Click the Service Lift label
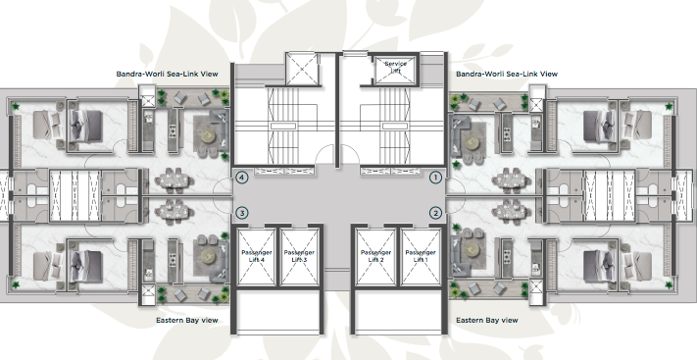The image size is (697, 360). (395, 66)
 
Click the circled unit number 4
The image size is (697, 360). (241, 178)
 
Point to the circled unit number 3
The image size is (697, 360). (241, 212)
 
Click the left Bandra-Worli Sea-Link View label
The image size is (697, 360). (168, 73)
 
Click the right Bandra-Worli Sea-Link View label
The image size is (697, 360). (507, 73)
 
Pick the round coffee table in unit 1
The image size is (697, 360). (473, 140)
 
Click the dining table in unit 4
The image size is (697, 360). (173, 180)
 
